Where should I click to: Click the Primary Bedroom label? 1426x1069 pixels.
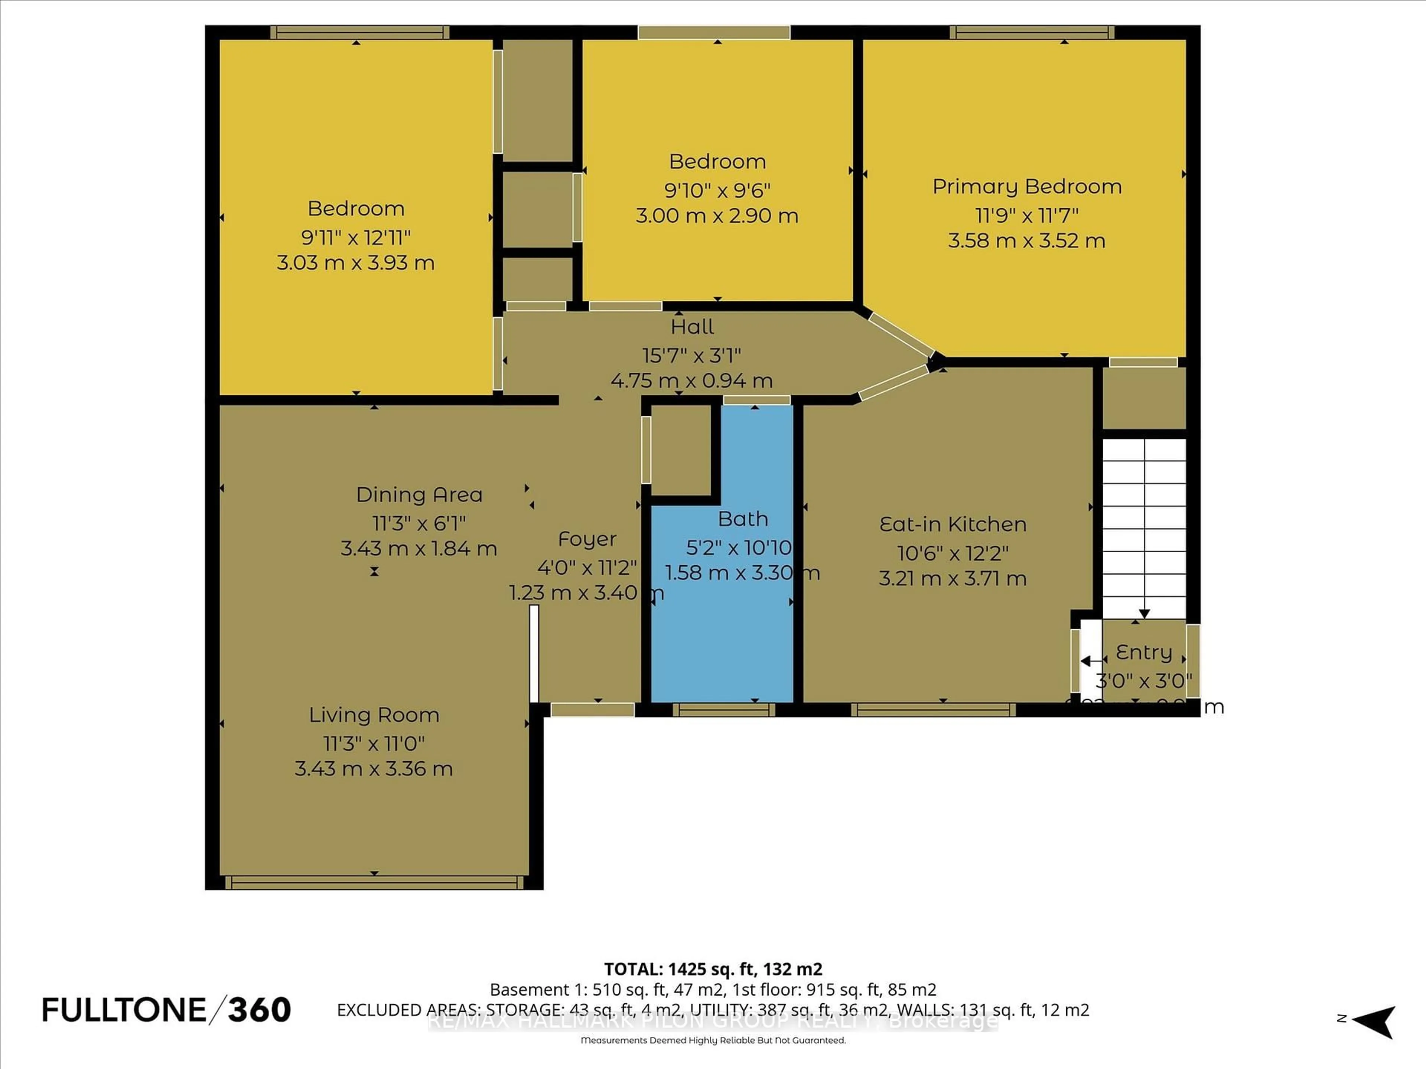[1027, 187]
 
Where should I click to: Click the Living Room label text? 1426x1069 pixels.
[374, 715]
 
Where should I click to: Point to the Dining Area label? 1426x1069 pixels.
[419, 495]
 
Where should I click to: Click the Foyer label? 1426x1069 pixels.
[587, 539]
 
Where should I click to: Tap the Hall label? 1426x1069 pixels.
[692, 327]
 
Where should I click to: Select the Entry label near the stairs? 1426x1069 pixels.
[1144, 653]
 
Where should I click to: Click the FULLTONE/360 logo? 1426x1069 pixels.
[166, 1010]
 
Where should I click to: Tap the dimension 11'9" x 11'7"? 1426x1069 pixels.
[1027, 215]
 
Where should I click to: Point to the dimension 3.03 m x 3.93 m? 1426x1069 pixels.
[355, 263]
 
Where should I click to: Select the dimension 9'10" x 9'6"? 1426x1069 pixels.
[717, 190]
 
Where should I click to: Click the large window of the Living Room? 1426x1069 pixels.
[374, 882]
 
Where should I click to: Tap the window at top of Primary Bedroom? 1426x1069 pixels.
[1032, 32]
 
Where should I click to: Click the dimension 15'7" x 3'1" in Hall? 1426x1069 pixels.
[691, 355]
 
